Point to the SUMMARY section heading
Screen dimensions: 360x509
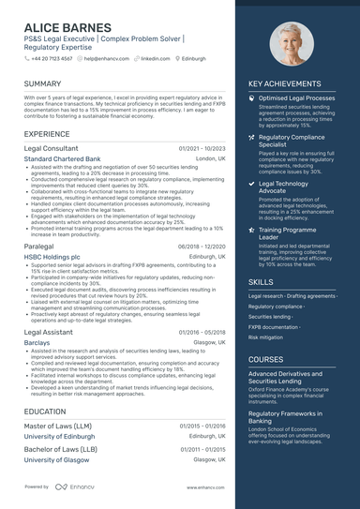(42, 84)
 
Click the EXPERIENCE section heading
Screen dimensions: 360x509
(47, 134)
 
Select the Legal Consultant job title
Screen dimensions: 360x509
(51, 148)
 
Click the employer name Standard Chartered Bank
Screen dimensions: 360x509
(65, 159)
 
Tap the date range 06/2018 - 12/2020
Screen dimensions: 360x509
(202, 245)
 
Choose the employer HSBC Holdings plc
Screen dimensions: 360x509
(52, 256)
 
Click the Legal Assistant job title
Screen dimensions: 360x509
(49, 332)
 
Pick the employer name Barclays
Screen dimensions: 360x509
(37, 343)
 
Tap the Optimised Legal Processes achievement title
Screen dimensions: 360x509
(296, 97)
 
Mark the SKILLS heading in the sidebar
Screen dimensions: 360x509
(262, 281)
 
